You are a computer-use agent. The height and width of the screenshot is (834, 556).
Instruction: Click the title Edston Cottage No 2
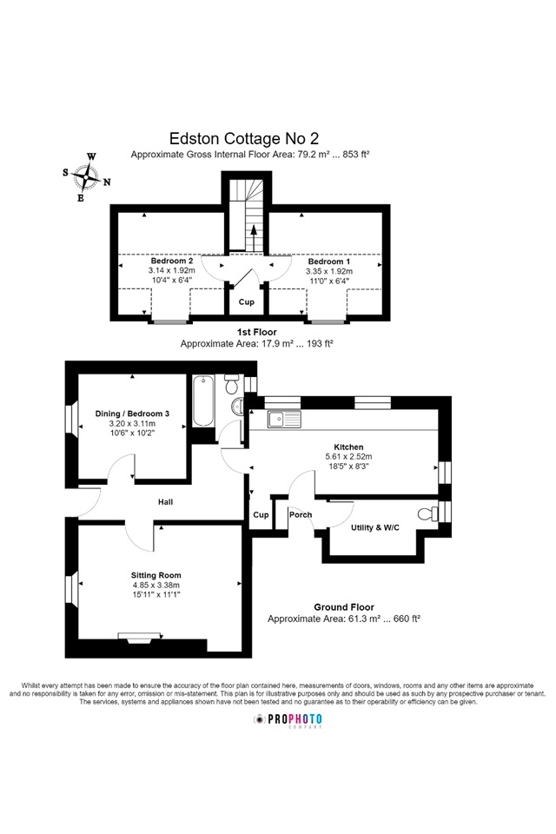(x=243, y=138)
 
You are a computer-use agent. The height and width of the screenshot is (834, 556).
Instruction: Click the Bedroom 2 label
(x=172, y=261)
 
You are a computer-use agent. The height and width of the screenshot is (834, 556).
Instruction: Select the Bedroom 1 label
(x=328, y=261)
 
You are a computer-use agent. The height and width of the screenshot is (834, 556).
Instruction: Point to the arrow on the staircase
(x=254, y=237)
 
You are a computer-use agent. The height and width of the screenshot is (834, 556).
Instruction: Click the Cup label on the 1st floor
(x=247, y=302)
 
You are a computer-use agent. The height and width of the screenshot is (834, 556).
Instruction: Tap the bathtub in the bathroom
(x=203, y=401)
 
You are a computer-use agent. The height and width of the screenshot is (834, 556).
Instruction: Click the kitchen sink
(x=284, y=419)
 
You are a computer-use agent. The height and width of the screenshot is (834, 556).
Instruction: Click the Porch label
(x=301, y=515)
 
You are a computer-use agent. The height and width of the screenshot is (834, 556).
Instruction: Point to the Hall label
(x=165, y=501)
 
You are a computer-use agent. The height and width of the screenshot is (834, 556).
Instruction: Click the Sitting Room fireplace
(x=139, y=637)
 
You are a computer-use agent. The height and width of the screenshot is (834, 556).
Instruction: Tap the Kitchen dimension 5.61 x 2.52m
(x=348, y=456)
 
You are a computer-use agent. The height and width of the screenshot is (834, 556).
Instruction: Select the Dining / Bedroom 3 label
(x=132, y=414)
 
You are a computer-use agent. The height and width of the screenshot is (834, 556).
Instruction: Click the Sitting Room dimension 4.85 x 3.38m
(x=156, y=585)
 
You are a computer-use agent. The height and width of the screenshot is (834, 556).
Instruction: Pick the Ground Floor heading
(x=344, y=607)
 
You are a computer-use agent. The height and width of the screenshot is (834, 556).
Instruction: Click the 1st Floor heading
(x=256, y=332)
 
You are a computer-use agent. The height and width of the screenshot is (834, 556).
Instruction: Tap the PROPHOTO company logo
(x=288, y=720)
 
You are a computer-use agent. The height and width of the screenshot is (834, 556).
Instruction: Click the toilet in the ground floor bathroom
(x=233, y=384)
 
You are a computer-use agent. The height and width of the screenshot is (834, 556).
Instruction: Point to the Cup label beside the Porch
(x=261, y=515)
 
